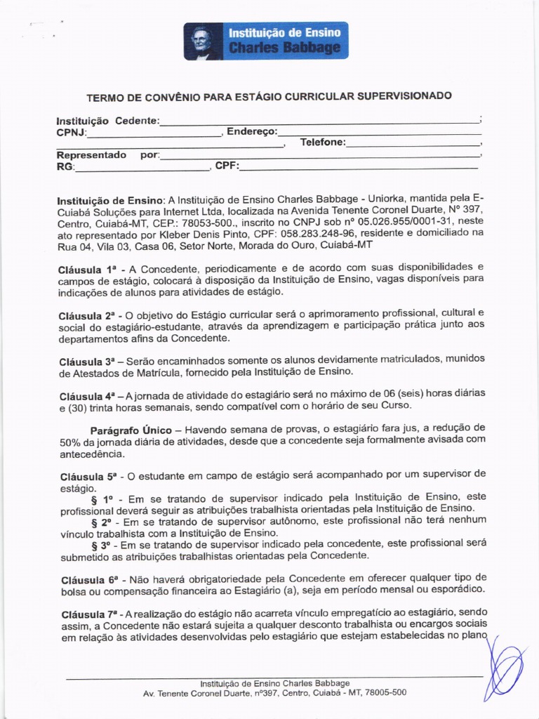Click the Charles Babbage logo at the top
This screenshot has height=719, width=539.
[265, 41]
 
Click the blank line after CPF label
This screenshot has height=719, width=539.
[359, 166]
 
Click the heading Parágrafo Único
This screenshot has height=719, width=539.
[131, 429]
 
